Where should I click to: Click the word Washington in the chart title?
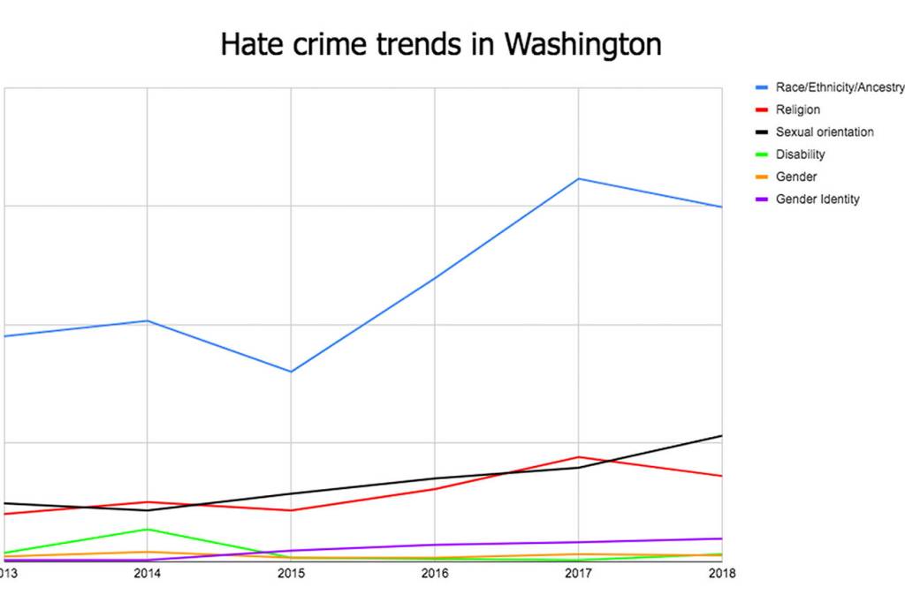[x=582, y=44]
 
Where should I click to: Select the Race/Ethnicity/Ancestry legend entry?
[x=840, y=87]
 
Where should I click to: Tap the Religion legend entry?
[x=797, y=109]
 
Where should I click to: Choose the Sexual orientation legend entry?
[x=824, y=132]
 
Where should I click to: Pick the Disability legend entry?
[x=800, y=154]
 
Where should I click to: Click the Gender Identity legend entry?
[x=817, y=199]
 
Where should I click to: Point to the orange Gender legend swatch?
[x=762, y=177]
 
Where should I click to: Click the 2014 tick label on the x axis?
[x=147, y=573]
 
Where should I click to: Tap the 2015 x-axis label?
[x=291, y=573]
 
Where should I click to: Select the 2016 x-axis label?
[x=435, y=573]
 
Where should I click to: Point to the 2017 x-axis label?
[x=578, y=573]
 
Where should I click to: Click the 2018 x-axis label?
[x=720, y=573]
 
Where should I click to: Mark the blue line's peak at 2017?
[x=578, y=179]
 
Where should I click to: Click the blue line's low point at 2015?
[x=291, y=372]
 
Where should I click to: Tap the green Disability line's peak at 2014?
[x=147, y=530]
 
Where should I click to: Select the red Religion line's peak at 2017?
[x=578, y=457]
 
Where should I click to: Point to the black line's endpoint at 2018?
[x=721, y=436]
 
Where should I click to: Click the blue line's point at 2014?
[x=147, y=321]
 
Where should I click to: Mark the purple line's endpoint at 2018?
[x=721, y=538]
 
